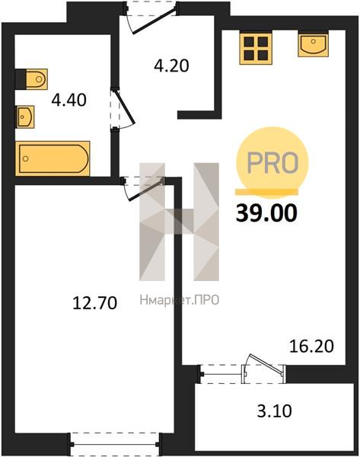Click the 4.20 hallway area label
pos(171,66)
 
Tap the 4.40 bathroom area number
pos(68,101)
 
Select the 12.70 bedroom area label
pos(94,302)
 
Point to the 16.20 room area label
pos(311,347)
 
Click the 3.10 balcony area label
pos(274,411)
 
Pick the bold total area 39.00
pos(266,213)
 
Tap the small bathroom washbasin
pos(25,117)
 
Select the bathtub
pos(53,158)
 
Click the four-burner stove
pos(256,49)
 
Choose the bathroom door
pos(123,108)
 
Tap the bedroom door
pos(144,189)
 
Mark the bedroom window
pos(115,445)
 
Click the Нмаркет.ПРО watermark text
pos(180,300)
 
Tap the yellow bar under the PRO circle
pos(267,191)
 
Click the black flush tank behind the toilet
pos(21,79)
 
